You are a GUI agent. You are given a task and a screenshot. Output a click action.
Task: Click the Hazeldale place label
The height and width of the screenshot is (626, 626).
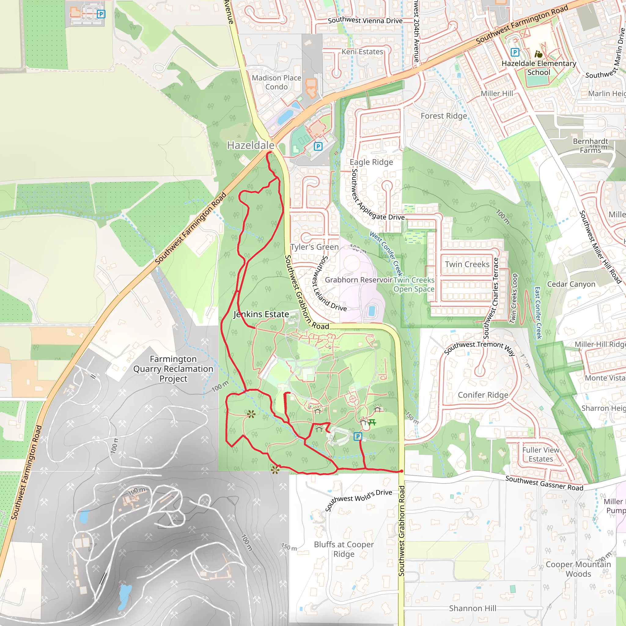[250, 145]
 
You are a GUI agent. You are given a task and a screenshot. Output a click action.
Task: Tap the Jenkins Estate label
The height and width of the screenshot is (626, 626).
[261, 314]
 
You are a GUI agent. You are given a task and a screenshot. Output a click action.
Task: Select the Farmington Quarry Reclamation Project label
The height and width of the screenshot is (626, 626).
[173, 369]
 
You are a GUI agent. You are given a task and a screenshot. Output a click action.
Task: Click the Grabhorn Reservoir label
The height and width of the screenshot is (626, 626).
[358, 280]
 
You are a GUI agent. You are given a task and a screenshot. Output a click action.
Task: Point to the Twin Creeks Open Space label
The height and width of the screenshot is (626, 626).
[414, 285]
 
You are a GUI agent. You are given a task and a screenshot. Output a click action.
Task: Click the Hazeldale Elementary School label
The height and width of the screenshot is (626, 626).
[539, 68]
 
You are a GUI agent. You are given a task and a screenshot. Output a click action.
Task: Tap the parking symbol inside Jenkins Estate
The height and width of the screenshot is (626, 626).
[357, 436]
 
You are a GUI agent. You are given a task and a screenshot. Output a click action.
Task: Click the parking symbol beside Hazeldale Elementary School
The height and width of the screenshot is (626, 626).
[514, 52]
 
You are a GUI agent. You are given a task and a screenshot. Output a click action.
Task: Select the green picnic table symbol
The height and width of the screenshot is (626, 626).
[372, 422]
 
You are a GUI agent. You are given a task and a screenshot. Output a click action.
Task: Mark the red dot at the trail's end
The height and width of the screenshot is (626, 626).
[401, 471]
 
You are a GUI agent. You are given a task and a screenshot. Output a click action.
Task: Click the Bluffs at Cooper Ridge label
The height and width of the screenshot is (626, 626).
[344, 549]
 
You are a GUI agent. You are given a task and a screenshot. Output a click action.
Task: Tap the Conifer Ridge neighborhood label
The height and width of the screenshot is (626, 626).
[483, 395]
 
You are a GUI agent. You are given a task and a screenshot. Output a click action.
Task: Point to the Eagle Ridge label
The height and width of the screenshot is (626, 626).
[371, 162]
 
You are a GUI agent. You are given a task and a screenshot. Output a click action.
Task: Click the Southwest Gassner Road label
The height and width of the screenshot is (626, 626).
[544, 483]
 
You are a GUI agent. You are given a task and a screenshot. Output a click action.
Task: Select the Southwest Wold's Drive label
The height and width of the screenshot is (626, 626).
[358, 501]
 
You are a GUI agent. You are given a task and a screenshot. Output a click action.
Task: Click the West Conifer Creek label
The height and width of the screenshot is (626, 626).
[386, 254]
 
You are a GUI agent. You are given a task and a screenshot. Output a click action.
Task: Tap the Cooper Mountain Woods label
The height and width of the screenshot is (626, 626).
[578, 569]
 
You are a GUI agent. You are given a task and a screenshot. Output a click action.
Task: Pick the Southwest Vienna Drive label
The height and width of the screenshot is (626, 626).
[365, 21]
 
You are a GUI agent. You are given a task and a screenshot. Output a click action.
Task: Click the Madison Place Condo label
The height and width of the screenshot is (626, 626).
[276, 82]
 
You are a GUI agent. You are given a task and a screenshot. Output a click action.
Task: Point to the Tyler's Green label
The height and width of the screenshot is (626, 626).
[314, 247]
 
